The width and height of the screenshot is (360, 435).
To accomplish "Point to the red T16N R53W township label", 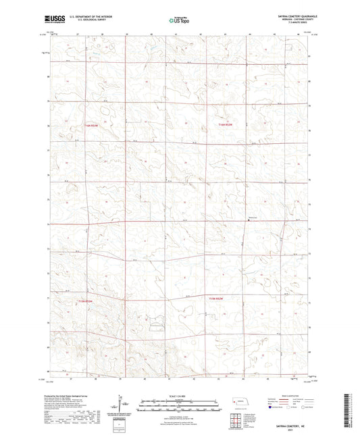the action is [x=91, y=126].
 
